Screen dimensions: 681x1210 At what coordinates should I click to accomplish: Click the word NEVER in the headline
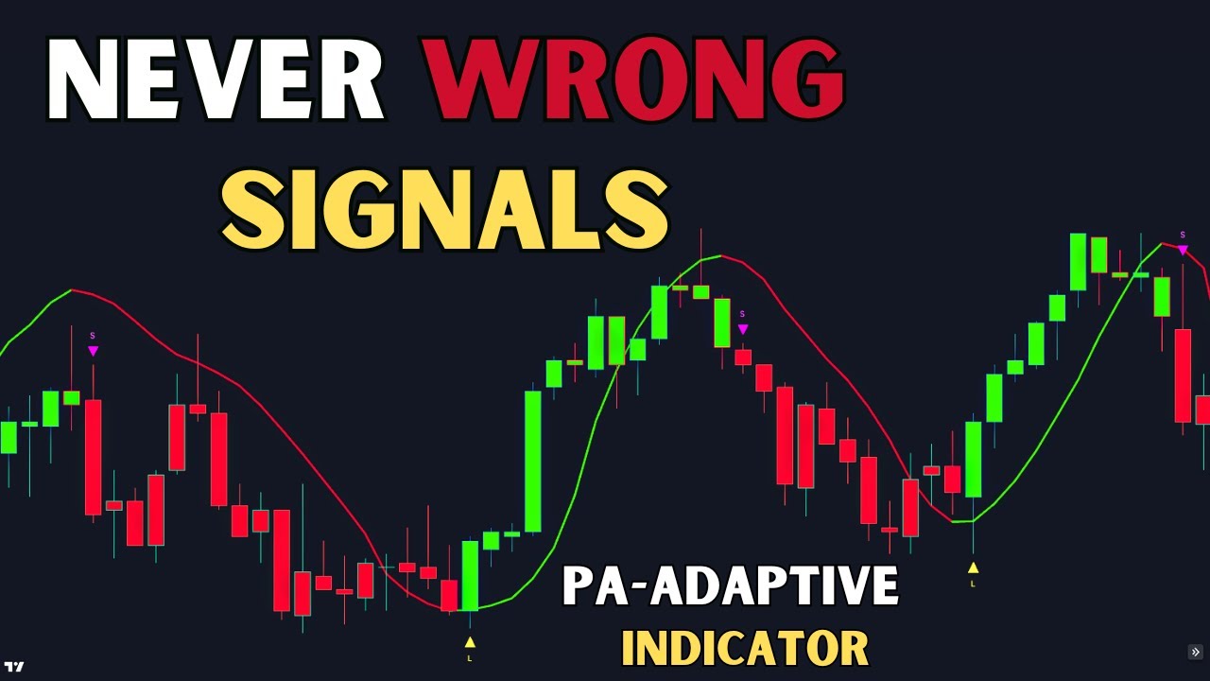coord(216,80)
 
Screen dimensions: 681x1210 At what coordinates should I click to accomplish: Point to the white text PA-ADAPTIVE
coord(730,585)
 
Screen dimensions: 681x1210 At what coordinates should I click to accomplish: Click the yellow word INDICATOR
coord(744,649)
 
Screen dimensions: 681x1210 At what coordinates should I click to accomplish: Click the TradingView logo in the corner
coord(13,667)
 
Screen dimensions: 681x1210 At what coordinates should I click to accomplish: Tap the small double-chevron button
coord(1195,652)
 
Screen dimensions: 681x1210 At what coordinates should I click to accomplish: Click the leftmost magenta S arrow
coord(93,350)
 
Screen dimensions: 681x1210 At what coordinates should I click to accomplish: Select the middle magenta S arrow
coord(743,328)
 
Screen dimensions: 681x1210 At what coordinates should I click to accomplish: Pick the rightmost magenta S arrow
coord(1183,249)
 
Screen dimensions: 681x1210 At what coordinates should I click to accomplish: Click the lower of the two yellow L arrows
coord(470,643)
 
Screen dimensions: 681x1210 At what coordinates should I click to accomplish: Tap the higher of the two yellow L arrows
coord(973,568)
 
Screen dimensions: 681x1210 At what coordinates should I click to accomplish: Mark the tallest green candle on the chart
coord(533,461)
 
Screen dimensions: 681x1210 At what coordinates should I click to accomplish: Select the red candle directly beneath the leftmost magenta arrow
coord(93,457)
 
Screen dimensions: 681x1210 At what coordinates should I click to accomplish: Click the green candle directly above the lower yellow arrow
coord(470,575)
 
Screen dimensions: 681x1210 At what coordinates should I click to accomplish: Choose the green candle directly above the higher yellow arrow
coord(973,459)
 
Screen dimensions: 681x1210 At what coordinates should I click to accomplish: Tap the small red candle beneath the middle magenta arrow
coord(743,358)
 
